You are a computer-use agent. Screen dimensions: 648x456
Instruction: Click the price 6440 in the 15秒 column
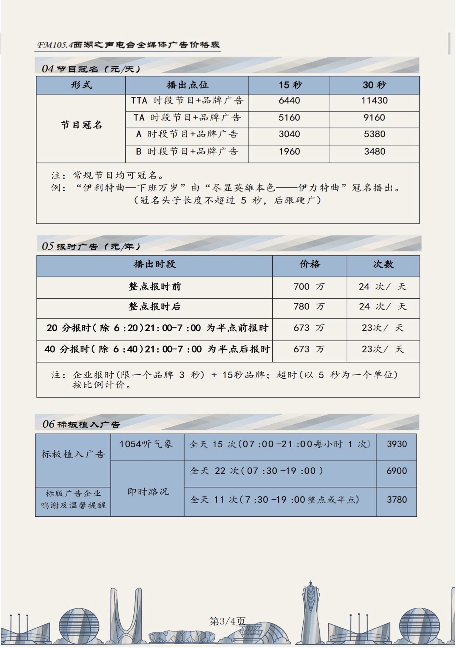[289, 101]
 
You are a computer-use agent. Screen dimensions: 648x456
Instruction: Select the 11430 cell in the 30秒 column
[374, 101]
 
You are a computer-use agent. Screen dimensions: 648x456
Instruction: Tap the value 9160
[374, 118]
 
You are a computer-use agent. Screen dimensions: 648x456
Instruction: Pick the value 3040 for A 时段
[289, 134]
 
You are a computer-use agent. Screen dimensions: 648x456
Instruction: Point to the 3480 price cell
[374, 152]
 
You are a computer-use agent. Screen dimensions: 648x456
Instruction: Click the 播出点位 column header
[187, 85]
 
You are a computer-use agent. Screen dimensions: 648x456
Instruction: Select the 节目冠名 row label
[81, 125]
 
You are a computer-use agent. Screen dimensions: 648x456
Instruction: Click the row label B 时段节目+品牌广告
[187, 152]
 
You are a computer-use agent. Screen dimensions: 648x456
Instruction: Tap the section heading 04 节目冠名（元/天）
[91, 69]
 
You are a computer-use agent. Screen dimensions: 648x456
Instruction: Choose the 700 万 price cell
[309, 287]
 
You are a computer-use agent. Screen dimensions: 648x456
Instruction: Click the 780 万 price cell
[309, 307]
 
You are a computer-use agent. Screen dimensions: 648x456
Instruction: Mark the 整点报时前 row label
[154, 287]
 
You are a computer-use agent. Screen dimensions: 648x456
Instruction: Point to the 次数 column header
[383, 264]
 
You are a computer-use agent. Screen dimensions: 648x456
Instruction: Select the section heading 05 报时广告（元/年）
[91, 246]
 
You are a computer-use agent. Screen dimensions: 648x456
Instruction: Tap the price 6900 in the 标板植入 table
[397, 471]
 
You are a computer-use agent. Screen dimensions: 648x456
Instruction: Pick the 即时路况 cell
[147, 492]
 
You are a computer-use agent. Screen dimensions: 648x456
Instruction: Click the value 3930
[397, 444]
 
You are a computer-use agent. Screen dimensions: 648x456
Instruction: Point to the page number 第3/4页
[227, 621]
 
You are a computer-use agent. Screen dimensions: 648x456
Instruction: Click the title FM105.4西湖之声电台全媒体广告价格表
[129, 45]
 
